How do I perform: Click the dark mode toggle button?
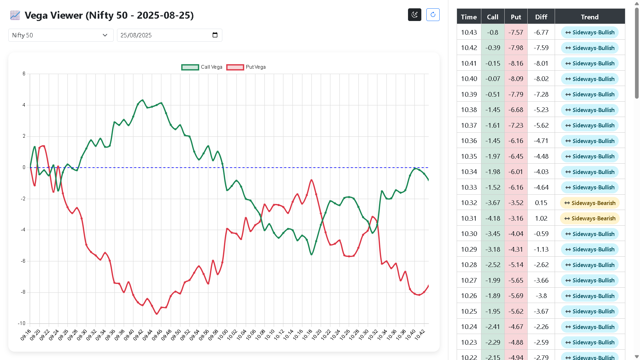tap(414, 15)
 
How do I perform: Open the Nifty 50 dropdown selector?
tap(61, 35)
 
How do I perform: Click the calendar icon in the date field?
tap(215, 35)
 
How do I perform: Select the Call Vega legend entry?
tap(202, 67)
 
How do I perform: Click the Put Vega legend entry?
tap(246, 67)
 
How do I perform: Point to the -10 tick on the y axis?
tap(22, 323)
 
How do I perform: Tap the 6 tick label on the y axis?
tap(24, 74)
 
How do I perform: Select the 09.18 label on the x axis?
tap(26, 335)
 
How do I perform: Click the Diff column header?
tap(541, 17)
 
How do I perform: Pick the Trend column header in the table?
tap(589, 17)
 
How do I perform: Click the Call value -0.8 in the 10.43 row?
tap(492, 32)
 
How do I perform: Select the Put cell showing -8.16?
tap(516, 63)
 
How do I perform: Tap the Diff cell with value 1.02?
tap(541, 218)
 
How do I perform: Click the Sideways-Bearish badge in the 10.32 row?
tap(589, 203)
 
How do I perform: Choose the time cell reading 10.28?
tap(469, 265)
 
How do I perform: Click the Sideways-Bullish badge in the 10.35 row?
tap(589, 156)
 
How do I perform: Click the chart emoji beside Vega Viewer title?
tap(15, 15)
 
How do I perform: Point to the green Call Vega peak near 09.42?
tap(143, 100)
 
